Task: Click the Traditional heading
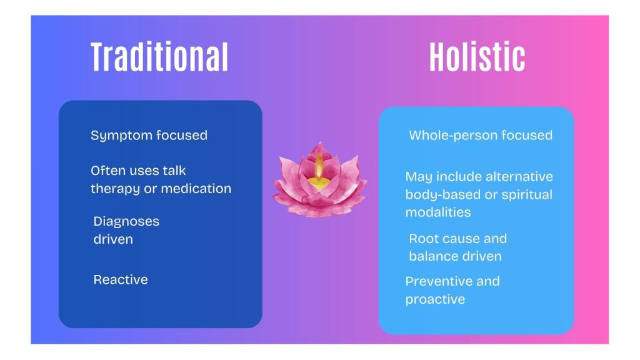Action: [x=159, y=57]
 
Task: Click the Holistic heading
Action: [x=477, y=57]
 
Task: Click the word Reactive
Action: [x=121, y=279]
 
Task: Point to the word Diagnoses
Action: [x=126, y=222]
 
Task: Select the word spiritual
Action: [x=527, y=195]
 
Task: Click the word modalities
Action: [x=438, y=212]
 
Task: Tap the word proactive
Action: [x=435, y=300]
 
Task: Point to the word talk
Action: [x=174, y=170]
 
